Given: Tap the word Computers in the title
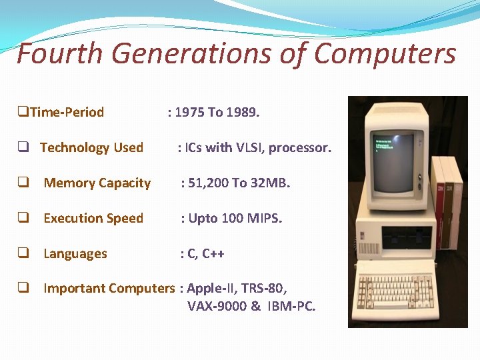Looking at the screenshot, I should pos(385,54).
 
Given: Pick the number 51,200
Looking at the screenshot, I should pos(209,183).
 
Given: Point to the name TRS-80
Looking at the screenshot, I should pos(265,289).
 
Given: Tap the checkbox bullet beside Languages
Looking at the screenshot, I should pos(23,253).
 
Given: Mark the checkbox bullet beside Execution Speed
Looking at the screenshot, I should pos(23,218).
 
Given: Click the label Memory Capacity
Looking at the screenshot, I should pos(97,183).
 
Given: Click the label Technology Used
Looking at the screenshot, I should pos(91,147).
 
